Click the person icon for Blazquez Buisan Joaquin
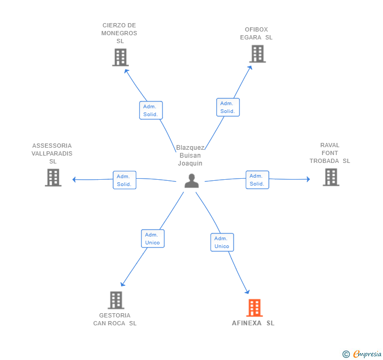pos(191,181)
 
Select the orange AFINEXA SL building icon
pos(255,308)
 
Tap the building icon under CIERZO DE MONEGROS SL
pos(120,57)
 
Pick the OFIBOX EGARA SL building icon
pos(257,54)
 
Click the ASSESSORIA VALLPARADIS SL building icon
pos(53,178)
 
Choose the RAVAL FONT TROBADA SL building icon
pos(331,177)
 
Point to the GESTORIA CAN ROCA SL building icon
pos(116,300)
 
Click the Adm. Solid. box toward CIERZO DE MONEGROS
pos(151,110)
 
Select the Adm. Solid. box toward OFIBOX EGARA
pos(228,107)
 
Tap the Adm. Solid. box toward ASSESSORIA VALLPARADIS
pos(125,180)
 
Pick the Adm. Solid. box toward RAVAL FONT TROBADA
pos(257,180)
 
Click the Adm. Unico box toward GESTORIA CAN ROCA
pos(153,239)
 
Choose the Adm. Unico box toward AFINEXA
pos(222,242)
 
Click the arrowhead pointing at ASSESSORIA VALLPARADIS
pos(74,180)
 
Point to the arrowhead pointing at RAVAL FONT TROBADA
pos(308,179)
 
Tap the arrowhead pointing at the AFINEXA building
pos(247,292)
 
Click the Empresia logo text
pos(367,354)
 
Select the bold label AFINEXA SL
pos(253,323)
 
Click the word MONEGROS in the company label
pos(119,33)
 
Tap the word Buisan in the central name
pos(190,156)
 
